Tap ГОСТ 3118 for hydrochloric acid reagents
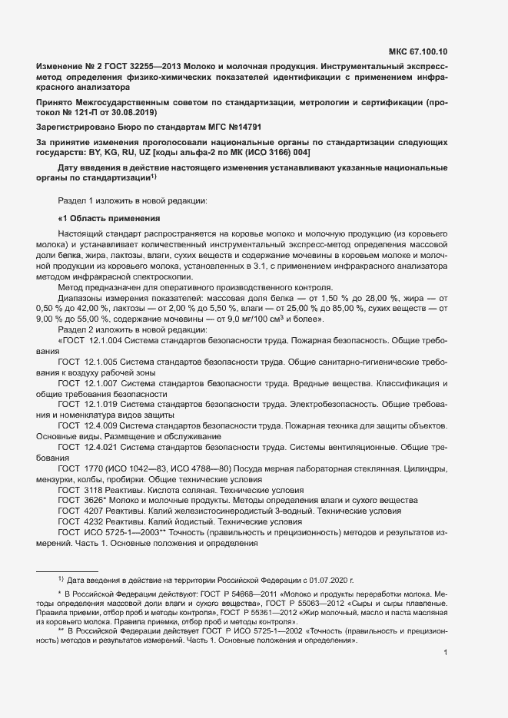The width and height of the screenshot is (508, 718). point(81,489)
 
